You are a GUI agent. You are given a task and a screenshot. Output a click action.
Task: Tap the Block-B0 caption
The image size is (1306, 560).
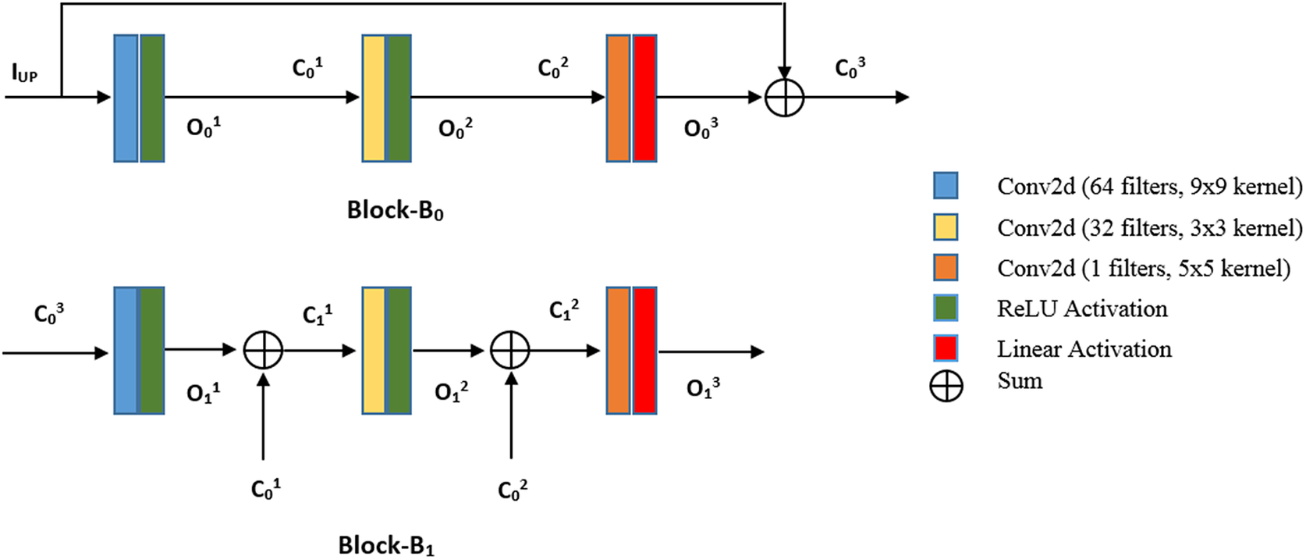tap(396, 210)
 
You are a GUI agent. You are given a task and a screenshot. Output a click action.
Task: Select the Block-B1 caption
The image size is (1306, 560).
tap(386, 545)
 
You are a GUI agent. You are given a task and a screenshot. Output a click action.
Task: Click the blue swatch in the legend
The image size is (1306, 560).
tap(946, 186)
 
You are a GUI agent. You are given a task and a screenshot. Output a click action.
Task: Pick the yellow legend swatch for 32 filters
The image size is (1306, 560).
tap(946, 226)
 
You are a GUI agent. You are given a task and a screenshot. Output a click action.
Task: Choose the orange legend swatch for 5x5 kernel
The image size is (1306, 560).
tap(946, 267)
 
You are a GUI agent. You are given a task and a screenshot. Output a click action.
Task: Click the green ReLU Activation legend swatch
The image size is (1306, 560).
tap(946, 308)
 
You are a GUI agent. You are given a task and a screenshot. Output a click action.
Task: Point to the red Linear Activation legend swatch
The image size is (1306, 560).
tap(946, 348)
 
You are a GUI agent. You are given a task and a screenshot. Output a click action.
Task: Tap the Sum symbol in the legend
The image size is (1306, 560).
tap(946, 387)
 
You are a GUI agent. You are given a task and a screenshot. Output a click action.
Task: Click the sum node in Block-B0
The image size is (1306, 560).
tap(784, 98)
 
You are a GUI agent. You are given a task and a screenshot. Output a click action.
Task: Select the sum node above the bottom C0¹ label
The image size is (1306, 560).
tap(263, 351)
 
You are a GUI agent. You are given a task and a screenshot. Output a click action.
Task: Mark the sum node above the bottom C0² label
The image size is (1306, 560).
tap(510, 351)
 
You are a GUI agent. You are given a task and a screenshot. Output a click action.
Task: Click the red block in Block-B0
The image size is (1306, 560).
tap(644, 98)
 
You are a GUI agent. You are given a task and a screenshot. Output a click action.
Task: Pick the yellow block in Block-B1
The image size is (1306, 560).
tap(374, 350)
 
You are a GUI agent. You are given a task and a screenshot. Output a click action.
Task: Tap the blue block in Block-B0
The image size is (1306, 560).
tap(126, 98)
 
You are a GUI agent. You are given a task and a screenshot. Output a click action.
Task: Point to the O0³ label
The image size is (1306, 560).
tap(701, 128)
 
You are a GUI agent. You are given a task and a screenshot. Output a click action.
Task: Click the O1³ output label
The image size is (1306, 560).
tap(703, 387)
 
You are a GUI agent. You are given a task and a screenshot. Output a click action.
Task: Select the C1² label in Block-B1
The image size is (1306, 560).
tap(564, 310)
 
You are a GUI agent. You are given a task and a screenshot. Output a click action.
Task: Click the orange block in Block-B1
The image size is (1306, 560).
tap(618, 350)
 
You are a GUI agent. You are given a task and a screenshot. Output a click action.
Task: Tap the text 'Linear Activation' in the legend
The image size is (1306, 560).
tap(1084, 349)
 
